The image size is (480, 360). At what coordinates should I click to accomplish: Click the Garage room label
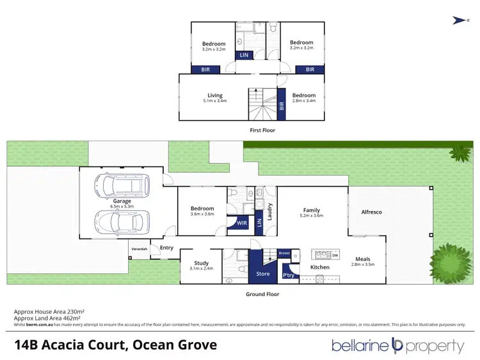pyautogui.click(x=122, y=201)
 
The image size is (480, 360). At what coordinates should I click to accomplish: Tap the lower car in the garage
pyautogui.click(x=121, y=222)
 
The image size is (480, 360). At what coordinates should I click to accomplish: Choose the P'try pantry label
pyautogui.click(x=288, y=275)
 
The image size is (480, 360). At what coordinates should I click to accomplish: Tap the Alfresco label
pyautogui.click(x=371, y=212)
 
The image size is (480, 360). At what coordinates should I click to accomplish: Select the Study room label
pyautogui.click(x=202, y=263)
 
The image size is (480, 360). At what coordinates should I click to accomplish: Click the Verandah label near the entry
pyautogui.click(x=140, y=248)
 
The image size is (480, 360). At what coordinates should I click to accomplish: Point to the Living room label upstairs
pyautogui.click(x=214, y=95)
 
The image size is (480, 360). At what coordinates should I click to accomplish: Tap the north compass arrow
pyautogui.click(x=458, y=20)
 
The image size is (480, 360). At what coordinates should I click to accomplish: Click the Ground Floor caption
pyautogui.click(x=262, y=294)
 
